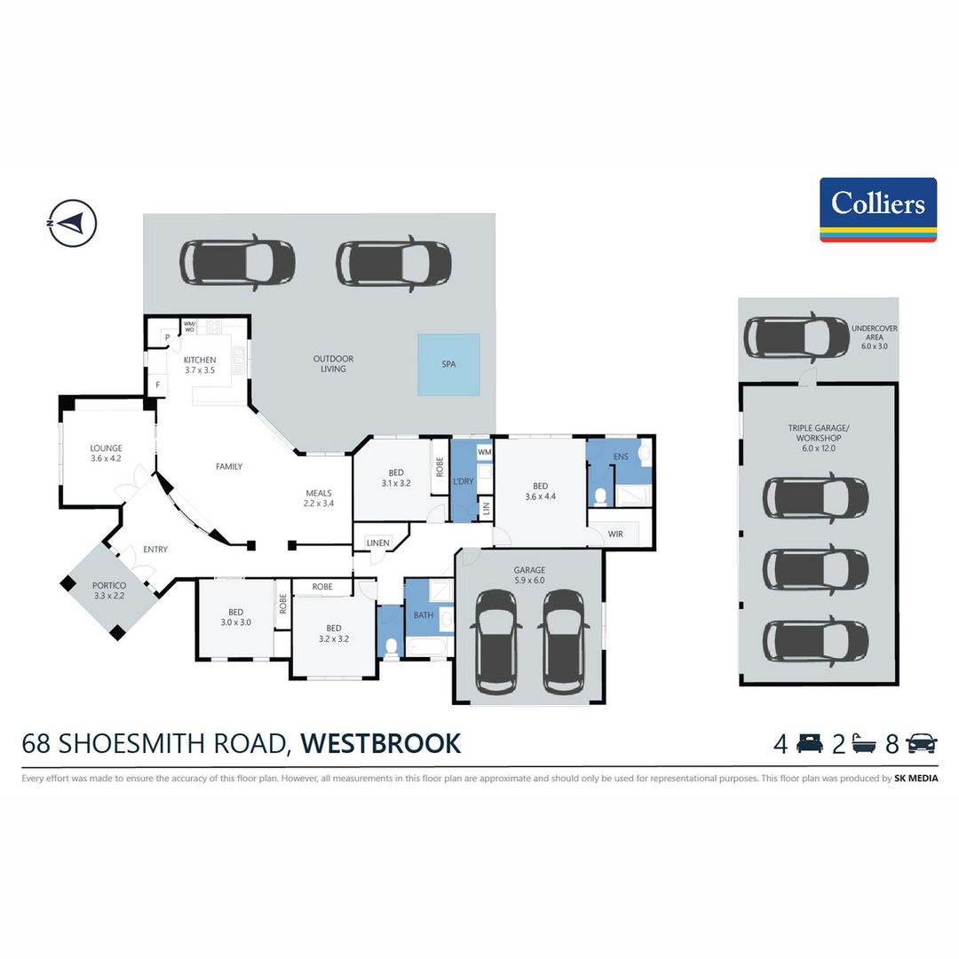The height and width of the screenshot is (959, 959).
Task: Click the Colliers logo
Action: [877, 210]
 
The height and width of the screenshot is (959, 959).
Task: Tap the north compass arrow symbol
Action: [72, 223]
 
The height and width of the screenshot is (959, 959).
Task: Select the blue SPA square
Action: [449, 364]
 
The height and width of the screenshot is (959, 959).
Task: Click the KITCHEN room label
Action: [200, 361]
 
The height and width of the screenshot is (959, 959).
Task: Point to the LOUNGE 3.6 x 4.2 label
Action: [106, 453]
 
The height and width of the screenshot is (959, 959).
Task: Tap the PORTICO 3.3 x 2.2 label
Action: [109, 590]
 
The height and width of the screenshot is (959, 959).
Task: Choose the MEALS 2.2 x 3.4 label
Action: [319, 498]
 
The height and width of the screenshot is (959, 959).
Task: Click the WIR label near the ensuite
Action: [615, 534]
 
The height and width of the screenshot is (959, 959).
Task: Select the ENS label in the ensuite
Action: [621, 456]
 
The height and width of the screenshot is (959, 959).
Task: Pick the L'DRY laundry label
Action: [463, 481]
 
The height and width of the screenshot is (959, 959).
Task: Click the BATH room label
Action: [424, 614]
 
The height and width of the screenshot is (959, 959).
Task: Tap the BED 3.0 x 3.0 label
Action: [235, 617]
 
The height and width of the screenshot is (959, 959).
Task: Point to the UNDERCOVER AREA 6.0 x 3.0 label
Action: [874, 337]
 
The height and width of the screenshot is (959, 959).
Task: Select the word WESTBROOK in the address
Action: [380, 744]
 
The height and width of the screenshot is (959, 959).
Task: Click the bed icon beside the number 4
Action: [809, 743]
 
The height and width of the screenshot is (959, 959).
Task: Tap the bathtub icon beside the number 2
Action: [863, 744]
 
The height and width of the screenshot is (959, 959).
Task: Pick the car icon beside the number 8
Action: [922, 743]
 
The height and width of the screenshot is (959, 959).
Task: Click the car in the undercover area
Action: [788, 337]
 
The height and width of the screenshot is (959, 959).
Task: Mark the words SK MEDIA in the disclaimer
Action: [915, 779]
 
